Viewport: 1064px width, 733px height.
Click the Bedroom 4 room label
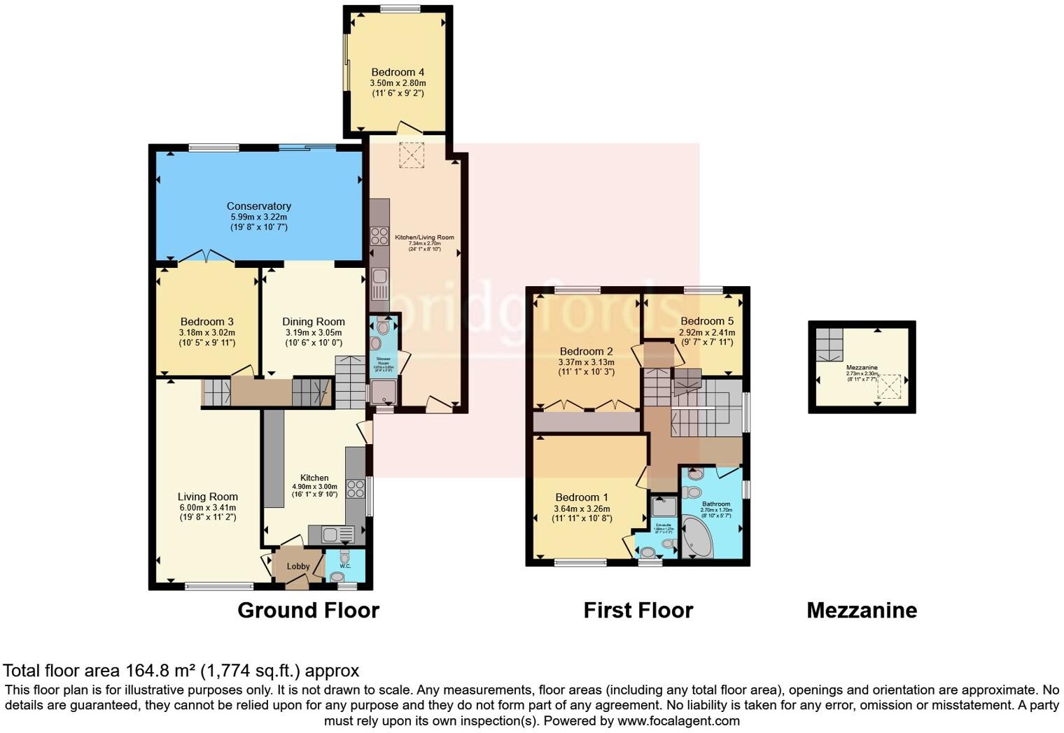(397, 72)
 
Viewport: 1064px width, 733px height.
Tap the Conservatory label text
(258, 206)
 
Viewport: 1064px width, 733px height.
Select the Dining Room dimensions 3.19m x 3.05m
(313, 333)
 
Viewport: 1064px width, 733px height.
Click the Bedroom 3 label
(207, 322)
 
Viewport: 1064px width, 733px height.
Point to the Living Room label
(207, 497)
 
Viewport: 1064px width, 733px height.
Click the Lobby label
(298, 567)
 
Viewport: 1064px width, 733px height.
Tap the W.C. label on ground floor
(344, 566)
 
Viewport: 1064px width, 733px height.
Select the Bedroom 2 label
(586, 351)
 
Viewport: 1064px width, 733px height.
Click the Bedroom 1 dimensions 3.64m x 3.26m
(582, 508)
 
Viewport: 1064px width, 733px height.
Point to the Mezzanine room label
(862, 367)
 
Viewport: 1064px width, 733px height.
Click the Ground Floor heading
(308, 611)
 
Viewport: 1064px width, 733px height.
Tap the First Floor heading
(638, 611)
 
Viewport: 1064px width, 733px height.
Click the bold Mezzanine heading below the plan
(861, 611)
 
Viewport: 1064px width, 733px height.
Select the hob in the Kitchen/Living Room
(379, 236)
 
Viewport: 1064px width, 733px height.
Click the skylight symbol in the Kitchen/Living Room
(412, 155)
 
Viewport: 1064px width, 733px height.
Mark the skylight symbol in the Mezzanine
(889, 385)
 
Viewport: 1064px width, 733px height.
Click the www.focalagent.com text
(678, 720)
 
